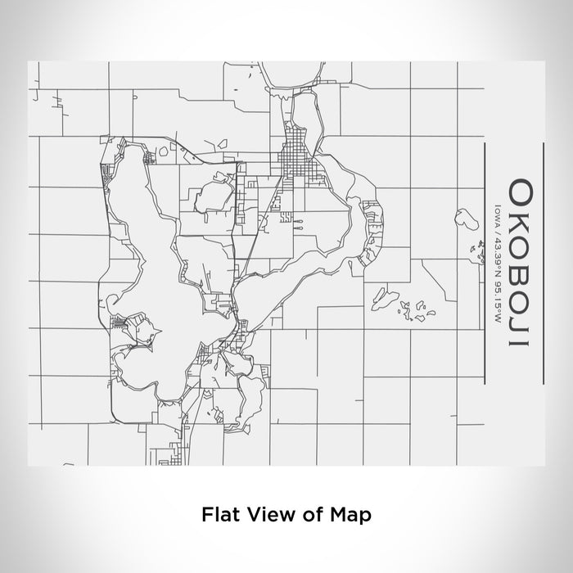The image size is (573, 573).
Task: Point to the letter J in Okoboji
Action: coord(518,324)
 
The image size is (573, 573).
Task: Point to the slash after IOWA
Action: coord(497,232)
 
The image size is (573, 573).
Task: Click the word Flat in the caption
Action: coord(217,515)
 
